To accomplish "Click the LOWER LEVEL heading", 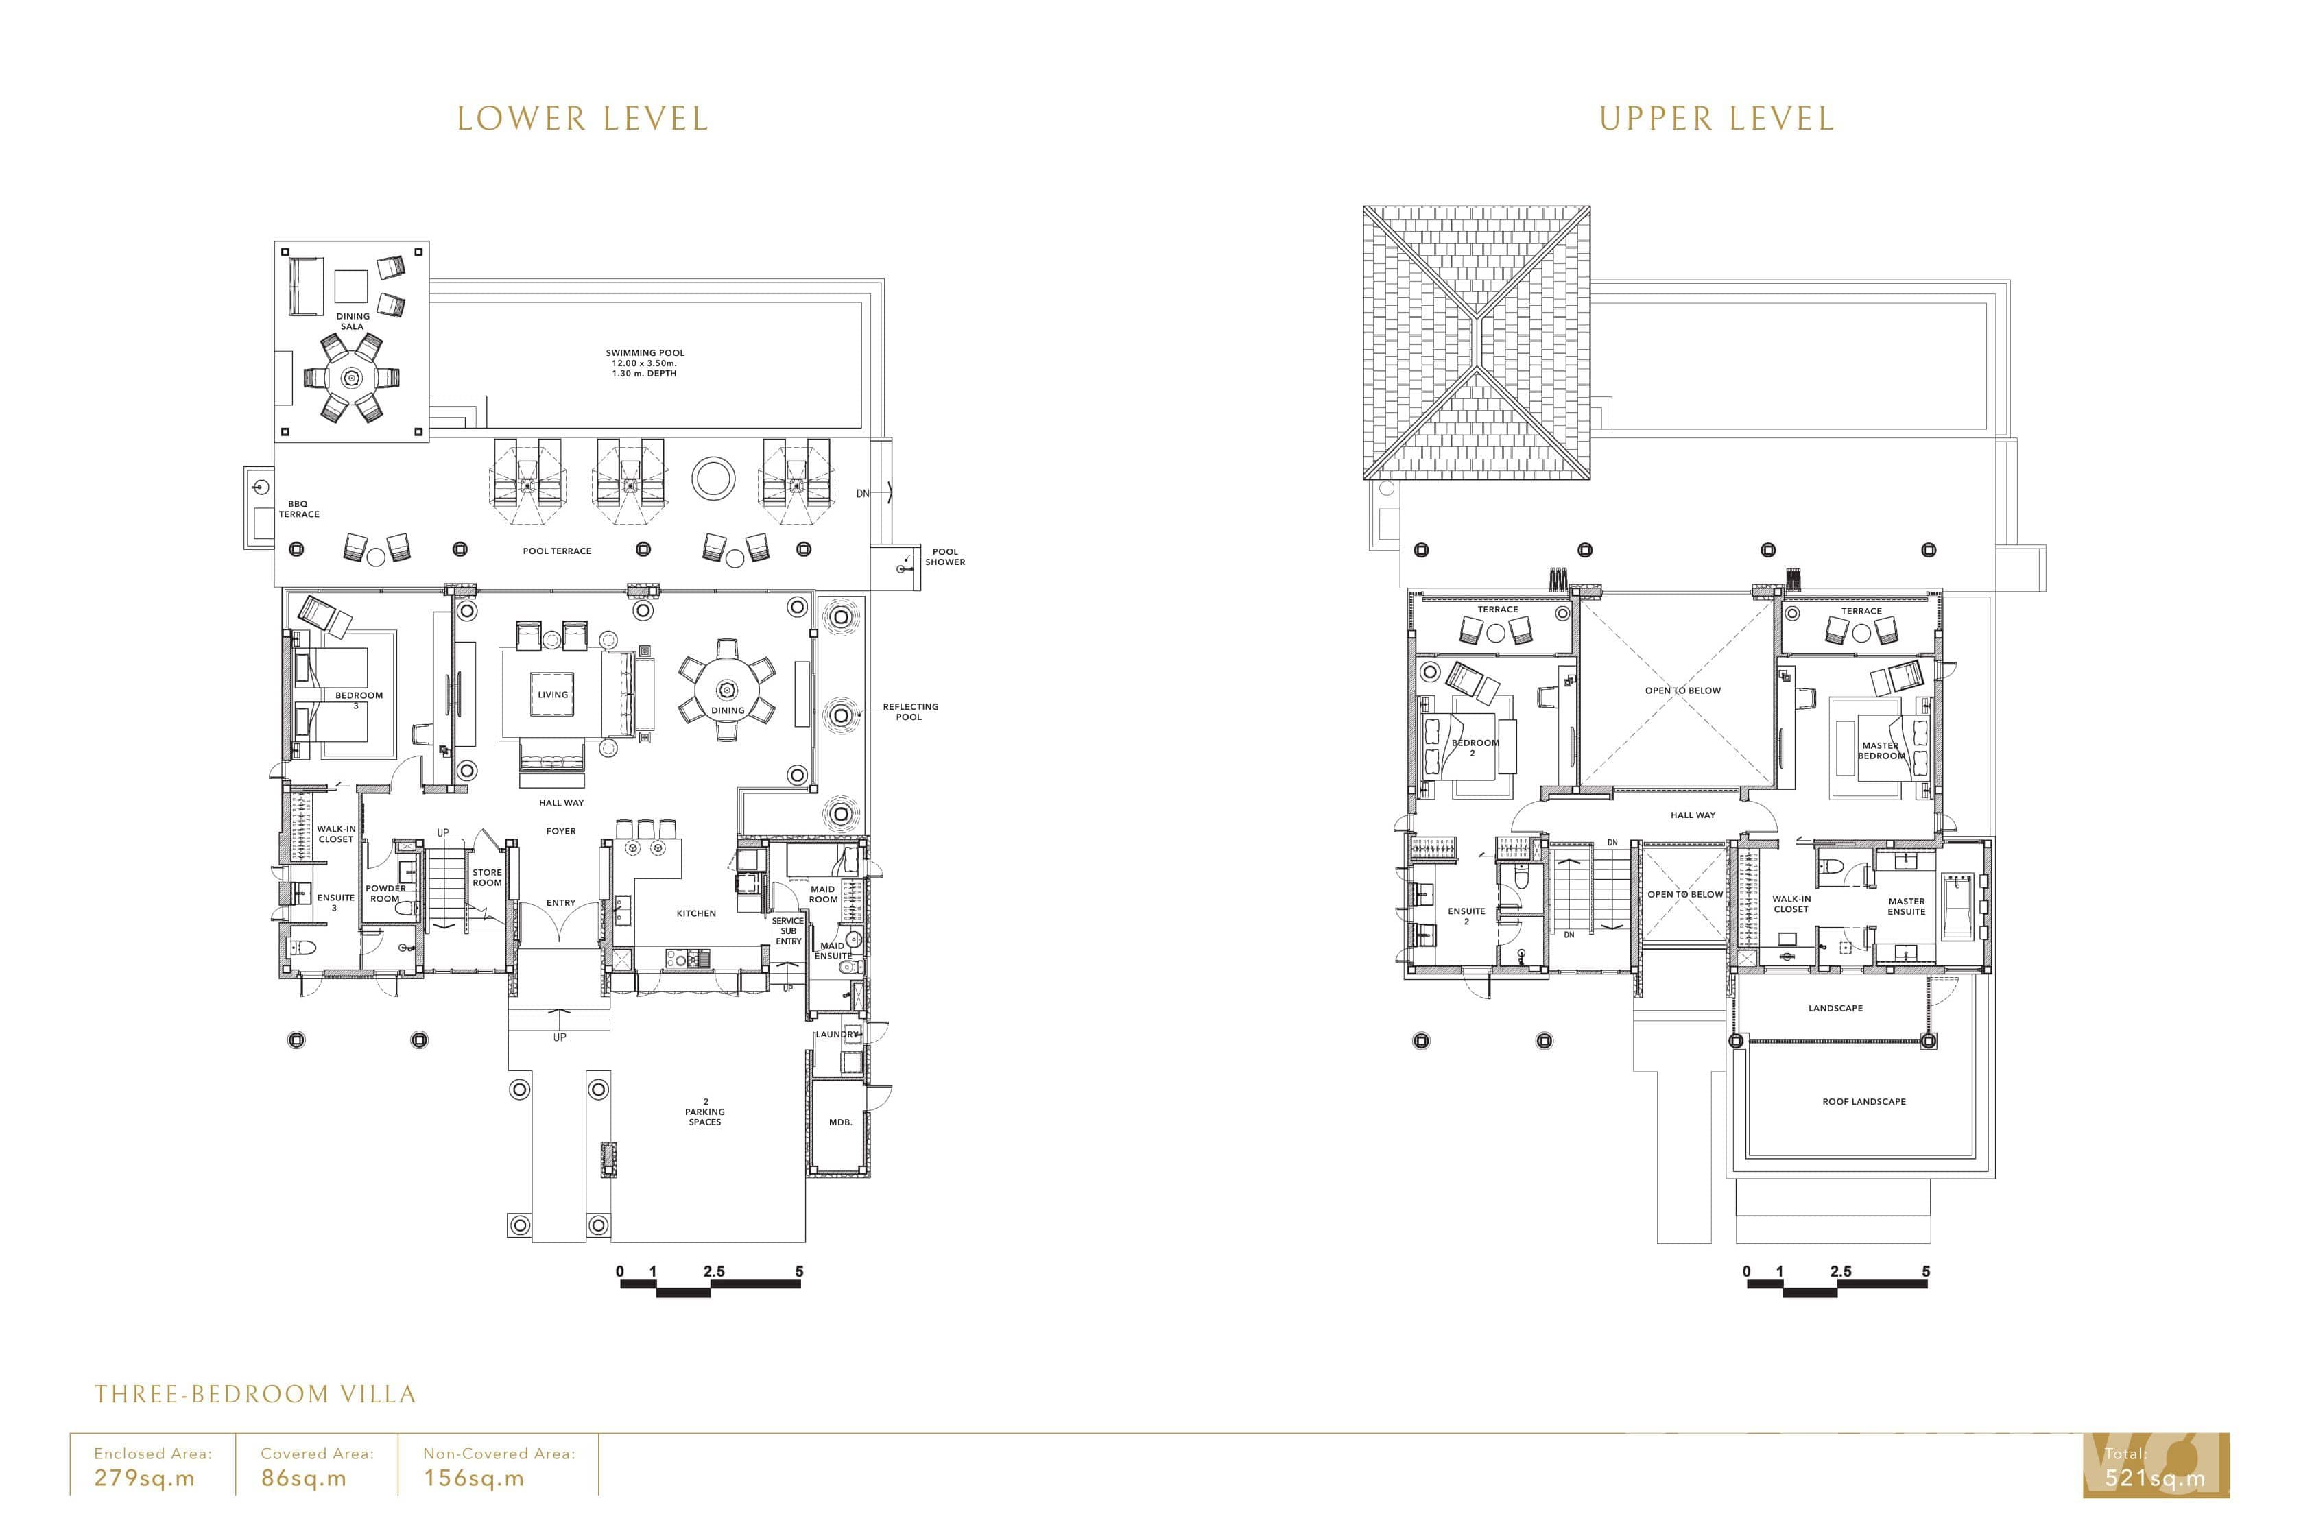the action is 582,119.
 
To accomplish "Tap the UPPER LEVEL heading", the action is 1717,119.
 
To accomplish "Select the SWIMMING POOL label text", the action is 645,353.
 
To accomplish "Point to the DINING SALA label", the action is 353,321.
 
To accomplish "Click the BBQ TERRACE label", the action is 298,509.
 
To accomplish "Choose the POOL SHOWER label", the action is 945,556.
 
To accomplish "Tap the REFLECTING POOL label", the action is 910,712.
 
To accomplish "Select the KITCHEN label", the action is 696,913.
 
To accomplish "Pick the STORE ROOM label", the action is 487,877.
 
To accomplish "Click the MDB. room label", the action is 840,1121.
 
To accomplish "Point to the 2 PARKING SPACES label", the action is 705,1112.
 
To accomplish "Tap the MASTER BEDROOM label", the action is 1881,751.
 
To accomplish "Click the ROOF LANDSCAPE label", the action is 1863,1101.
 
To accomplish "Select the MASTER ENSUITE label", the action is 1906,906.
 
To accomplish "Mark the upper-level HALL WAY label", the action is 1693,815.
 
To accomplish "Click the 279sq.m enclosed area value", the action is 145,1478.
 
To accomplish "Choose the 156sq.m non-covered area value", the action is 474,1478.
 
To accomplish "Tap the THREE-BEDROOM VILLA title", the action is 255,1394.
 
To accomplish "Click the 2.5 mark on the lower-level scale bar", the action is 714,1271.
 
